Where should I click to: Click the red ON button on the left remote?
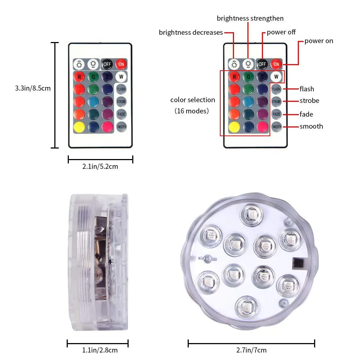121,64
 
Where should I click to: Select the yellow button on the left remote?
79,126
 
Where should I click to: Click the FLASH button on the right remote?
276,89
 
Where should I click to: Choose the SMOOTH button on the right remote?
276,126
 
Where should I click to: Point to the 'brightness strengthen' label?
250,18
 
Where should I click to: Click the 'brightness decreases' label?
191,33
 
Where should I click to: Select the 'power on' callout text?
318,41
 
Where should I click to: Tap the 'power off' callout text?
281,32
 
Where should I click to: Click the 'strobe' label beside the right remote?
309,101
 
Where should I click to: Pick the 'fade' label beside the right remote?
306,114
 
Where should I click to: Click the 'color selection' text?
193,100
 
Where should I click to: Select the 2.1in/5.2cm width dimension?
100,167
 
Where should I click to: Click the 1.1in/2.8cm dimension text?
98,350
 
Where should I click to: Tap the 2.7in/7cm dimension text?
251,350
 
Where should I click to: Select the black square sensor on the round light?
299,263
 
